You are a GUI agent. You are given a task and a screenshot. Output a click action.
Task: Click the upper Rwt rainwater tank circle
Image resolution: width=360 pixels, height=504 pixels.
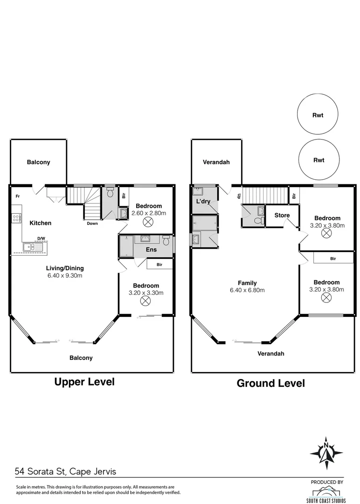pos(317,94)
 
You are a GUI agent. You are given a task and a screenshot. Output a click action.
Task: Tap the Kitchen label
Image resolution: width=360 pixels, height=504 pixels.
pos(41,223)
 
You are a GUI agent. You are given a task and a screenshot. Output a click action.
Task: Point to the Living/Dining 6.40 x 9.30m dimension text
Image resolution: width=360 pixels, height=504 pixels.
pos(65,275)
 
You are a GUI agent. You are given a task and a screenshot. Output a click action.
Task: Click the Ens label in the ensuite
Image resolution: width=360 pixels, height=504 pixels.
pos(151,249)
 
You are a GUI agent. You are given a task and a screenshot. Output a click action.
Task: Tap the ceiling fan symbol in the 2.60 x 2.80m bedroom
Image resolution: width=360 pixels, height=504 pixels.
pos(148,222)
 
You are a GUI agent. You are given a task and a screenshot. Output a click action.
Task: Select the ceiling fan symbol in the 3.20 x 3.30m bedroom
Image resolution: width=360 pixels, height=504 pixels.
pos(145,301)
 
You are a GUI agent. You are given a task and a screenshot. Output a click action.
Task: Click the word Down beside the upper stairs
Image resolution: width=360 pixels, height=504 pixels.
pos(92,224)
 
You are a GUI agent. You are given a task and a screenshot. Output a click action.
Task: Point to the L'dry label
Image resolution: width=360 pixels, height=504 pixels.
pos(203,201)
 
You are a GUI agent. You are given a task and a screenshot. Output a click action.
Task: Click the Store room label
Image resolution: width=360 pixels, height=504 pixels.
pos(282,215)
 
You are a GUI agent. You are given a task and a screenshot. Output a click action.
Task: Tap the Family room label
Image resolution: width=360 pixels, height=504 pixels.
pos(247,283)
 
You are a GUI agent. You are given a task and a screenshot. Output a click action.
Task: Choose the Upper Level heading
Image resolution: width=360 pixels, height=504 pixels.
pos(84,382)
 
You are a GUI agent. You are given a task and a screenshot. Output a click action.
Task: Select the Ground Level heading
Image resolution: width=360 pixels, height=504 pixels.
pos(271,383)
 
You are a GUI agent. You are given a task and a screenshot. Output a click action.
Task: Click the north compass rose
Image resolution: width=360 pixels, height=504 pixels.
pos(326,453)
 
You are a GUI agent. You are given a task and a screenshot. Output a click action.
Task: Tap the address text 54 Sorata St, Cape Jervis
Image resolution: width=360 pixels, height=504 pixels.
pos(65,471)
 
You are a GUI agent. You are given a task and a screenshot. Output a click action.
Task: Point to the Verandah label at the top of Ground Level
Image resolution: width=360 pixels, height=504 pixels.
pos(216,162)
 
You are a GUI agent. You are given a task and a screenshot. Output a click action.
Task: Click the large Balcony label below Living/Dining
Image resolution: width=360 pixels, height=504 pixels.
pos(81,358)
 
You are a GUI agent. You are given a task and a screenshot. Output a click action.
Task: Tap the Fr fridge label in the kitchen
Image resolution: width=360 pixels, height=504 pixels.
pos(18,196)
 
